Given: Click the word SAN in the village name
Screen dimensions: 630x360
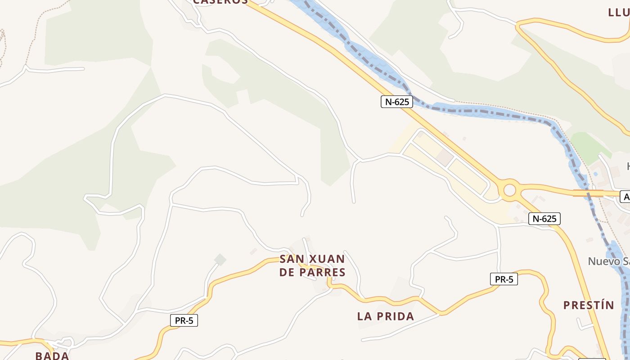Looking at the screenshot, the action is pyautogui.click(x=290, y=259).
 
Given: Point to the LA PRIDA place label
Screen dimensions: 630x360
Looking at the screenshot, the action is pyautogui.click(x=386, y=316).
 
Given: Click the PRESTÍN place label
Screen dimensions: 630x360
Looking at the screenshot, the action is pyautogui.click(x=589, y=305).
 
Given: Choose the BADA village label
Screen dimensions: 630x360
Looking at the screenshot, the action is pyautogui.click(x=52, y=355).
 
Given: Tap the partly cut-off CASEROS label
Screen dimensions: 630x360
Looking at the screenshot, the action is pyautogui.click(x=220, y=2).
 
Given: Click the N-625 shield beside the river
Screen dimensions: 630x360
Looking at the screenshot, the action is pyautogui.click(x=396, y=102).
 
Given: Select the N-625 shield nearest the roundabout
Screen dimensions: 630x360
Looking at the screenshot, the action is pyautogui.click(x=544, y=219).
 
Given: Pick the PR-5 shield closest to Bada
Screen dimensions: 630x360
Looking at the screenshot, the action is pyautogui.click(x=184, y=320).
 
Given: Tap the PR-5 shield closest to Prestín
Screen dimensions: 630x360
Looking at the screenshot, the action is pyautogui.click(x=504, y=279).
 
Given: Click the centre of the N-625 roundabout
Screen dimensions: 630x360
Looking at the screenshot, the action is pyautogui.click(x=509, y=190).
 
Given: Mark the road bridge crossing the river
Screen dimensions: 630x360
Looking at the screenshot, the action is pyautogui.click(x=588, y=193).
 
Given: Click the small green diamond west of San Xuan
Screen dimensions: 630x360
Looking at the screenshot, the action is pyautogui.click(x=220, y=259).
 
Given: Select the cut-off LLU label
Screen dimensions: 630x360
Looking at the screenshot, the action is pyautogui.click(x=619, y=12).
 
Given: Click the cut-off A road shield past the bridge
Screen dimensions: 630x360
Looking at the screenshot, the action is pyautogui.click(x=625, y=197).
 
